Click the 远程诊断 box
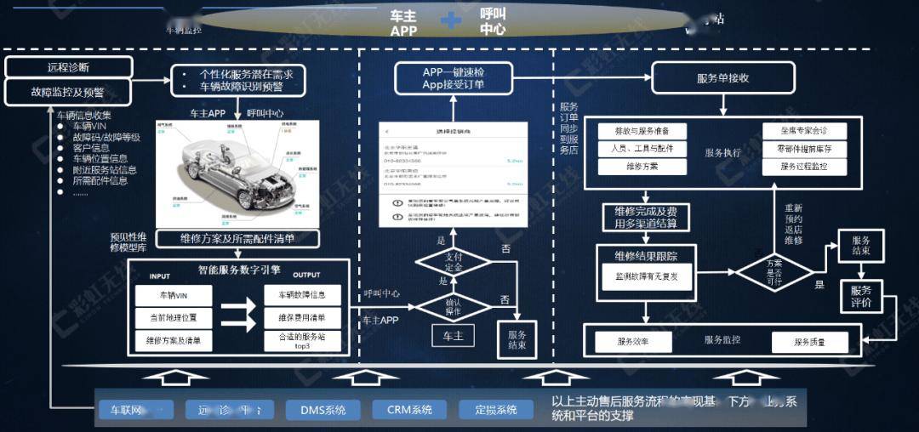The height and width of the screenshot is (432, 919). tap(69, 67)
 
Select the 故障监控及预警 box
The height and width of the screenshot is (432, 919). tap(69, 91)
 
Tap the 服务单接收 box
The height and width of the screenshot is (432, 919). tap(722, 77)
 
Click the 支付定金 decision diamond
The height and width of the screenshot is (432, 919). tap(453, 262)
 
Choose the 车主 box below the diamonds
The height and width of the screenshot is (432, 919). tap(453, 335)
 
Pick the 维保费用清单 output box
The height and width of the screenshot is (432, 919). tap(302, 318)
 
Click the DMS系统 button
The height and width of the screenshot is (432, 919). tap(323, 410)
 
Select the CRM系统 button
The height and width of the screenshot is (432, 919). tap(409, 410)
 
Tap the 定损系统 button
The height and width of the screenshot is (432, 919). tap(495, 410)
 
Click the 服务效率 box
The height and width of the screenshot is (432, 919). tap(633, 342)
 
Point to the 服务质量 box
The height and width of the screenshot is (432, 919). tap(809, 342)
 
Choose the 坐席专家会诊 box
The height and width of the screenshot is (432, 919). tap(803, 131)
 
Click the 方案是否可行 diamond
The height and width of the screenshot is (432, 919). tap(774, 273)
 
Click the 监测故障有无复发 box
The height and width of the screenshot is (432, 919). tap(646, 276)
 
